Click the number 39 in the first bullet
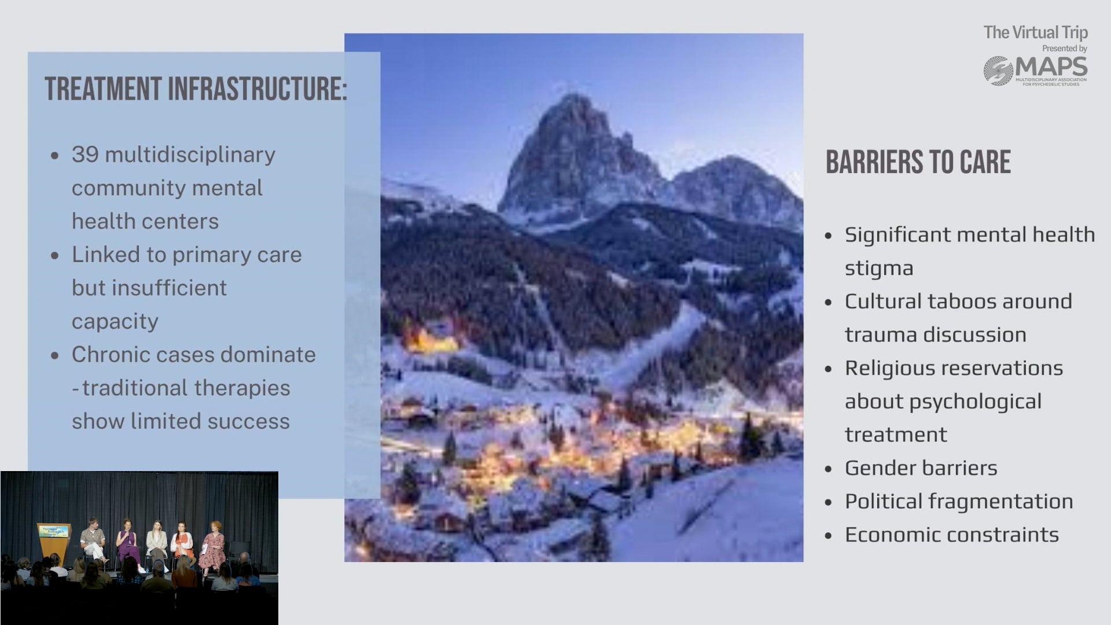pyautogui.click(x=85, y=155)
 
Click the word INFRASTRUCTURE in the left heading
pyautogui.click(x=257, y=89)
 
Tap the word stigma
pyautogui.click(x=879, y=269)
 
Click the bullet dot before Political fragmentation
pyautogui.click(x=829, y=502)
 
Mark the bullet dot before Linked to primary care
pyautogui.click(x=55, y=255)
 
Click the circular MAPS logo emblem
pyautogui.click(x=998, y=71)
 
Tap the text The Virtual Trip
pyautogui.click(x=1036, y=32)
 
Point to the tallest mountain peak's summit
pyautogui.click(x=573, y=95)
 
